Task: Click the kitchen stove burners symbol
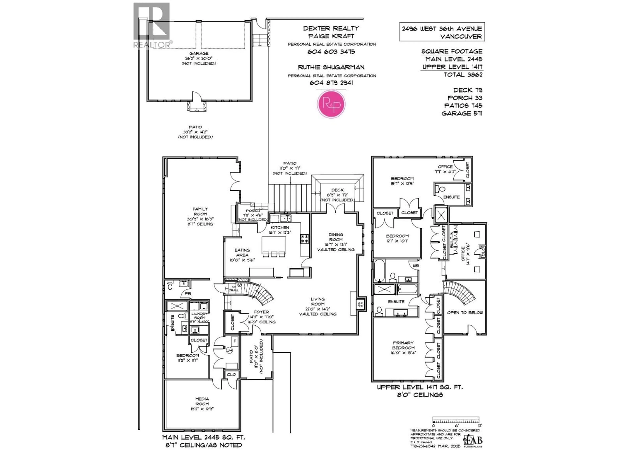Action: tap(305, 239)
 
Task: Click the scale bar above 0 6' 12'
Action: tap(456, 419)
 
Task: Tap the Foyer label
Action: tap(261, 312)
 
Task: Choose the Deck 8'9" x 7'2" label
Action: tap(337, 190)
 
